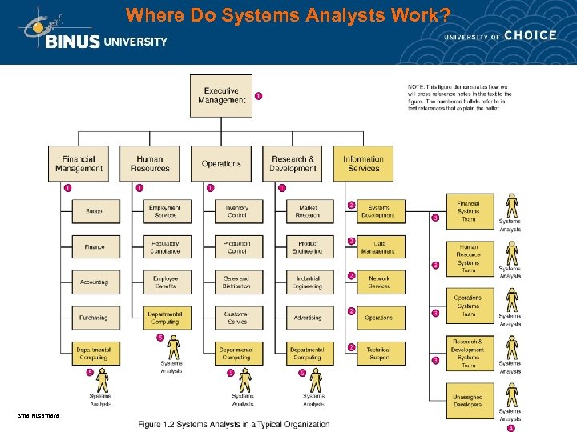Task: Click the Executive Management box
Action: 220,96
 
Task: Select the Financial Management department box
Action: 79,163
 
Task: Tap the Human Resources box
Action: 149,163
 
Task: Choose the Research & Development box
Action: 293,163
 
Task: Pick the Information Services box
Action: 363,163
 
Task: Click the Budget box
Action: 94,211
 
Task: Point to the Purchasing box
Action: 94,318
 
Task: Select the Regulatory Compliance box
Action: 165,247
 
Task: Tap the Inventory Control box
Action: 236,211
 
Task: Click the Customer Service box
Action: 236,318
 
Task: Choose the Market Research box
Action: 308,211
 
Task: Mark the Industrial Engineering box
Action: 308,282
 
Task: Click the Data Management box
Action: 378,247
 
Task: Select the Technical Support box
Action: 378,353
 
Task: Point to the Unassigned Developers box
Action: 468,400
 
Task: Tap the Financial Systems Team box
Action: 468,211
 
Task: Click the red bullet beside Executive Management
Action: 258,96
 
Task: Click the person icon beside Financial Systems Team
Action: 510,205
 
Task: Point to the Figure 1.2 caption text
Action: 234,424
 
